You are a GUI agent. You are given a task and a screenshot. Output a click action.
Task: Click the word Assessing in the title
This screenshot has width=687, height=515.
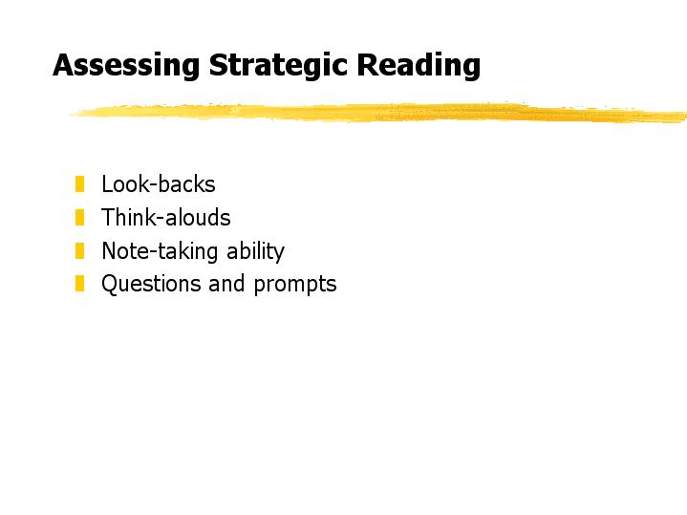click(126, 66)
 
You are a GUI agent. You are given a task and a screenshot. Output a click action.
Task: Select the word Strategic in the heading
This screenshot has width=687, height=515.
click(278, 66)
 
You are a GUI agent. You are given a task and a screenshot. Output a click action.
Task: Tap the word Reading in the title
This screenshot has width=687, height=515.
click(419, 66)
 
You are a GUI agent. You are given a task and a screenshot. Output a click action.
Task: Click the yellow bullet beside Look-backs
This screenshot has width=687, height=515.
click(79, 184)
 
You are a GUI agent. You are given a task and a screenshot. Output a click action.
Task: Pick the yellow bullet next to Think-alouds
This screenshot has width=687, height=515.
click(79, 218)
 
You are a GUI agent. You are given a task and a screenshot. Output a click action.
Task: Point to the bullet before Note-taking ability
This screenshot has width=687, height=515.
click(79, 250)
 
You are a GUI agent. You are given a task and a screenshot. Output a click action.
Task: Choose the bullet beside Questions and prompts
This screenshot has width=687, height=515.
click(79, 283)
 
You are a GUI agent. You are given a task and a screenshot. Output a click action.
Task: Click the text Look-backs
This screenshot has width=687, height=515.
click(159, 184)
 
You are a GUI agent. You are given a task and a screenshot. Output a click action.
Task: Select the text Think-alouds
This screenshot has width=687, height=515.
click(166, 218)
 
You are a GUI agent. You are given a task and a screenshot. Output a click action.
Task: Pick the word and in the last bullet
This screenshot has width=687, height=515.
click(226, 283)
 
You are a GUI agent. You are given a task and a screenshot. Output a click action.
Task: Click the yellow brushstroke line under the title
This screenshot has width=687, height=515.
click(379, 113)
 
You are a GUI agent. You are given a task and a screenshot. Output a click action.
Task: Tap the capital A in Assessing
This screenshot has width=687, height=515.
click(64, 65)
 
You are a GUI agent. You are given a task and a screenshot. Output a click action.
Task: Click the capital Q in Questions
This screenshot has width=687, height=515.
click(110, 284)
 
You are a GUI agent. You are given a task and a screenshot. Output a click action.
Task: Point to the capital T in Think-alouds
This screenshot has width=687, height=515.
click(108, 217)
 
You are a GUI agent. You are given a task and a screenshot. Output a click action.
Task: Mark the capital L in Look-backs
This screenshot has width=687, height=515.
click(107, 183)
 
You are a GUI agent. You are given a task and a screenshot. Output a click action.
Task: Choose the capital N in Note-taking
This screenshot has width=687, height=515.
click(110, 250)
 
